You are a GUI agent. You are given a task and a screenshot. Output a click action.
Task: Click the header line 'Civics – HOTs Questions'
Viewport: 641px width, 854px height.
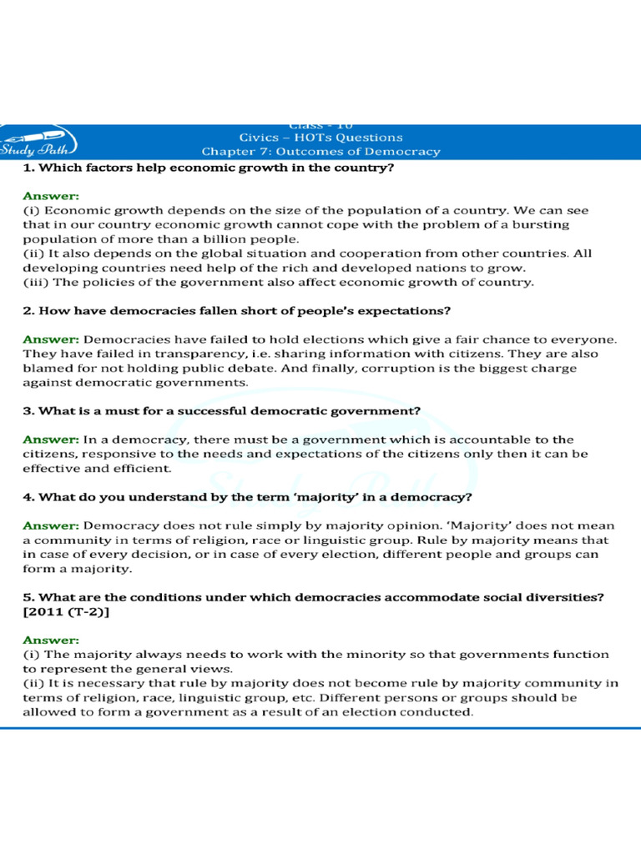(x=320, y=138)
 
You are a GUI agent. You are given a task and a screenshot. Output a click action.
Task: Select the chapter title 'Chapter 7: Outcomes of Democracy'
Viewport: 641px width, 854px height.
(x=320, y=152)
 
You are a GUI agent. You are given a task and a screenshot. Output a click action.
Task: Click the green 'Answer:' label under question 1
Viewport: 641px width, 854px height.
(x=51, y=196)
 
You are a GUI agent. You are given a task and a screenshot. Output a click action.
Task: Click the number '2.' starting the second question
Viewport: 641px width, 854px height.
(x=29, y=311)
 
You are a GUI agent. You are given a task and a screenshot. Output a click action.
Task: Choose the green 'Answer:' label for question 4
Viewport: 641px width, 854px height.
(x=51, y=526)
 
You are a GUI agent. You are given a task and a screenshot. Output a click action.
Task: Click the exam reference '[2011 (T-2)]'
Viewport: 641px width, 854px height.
(x=66, y=612)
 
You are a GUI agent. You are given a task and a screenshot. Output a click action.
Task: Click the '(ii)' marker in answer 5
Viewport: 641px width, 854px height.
(x=33, y=684)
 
